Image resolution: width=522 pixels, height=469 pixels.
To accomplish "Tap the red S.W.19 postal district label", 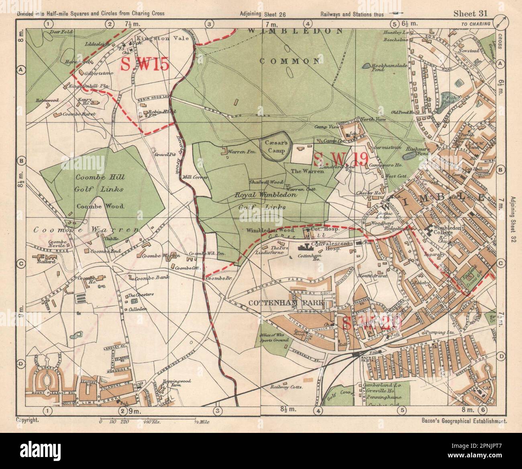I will click(x=341, y=159).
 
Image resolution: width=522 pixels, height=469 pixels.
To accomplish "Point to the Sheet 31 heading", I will click(x=470, y=13).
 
